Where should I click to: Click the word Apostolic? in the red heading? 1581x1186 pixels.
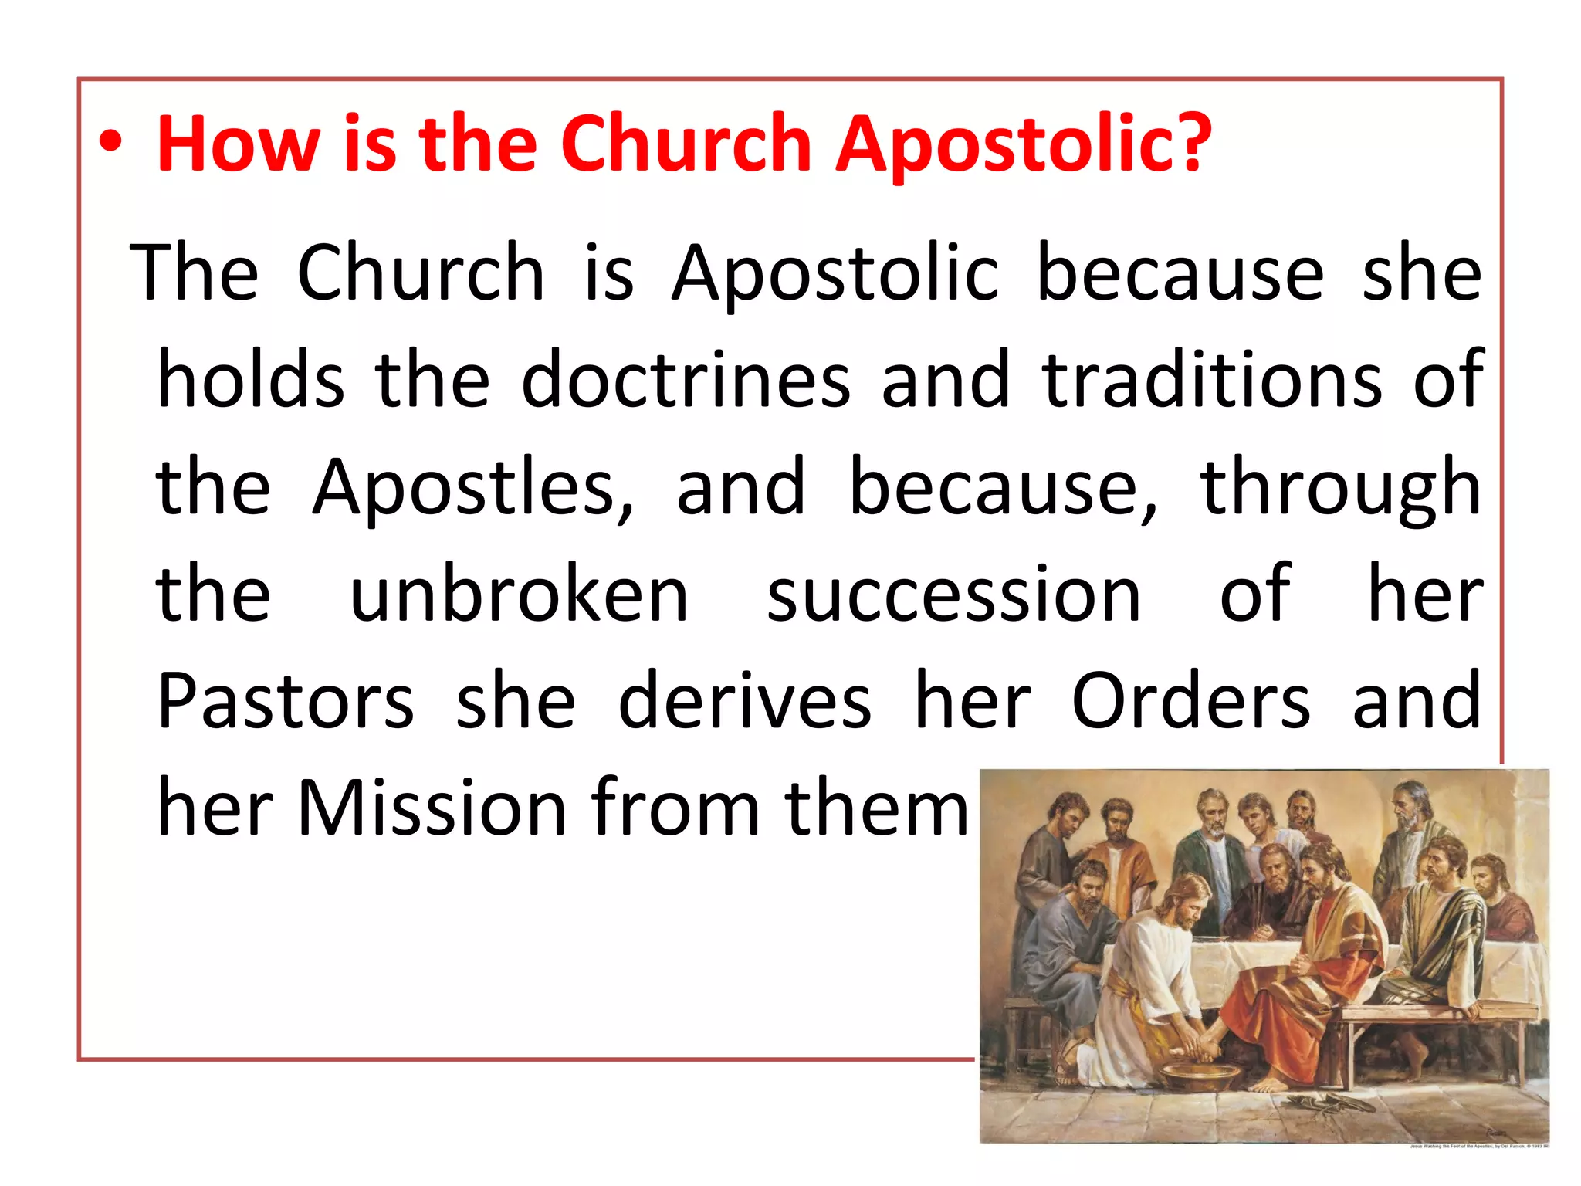(1024, 145)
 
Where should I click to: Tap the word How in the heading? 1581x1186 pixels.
(238, 144)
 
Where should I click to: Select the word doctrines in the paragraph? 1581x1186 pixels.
(686, 379)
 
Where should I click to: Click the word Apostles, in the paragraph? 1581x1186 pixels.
(473, 487)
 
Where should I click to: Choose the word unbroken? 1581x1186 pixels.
(519, 594)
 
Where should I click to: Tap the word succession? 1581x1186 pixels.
(953, 595)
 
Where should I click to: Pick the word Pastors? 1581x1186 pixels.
(286, 701)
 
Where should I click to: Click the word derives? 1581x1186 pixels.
(745, 701)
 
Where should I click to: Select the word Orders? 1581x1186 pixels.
(1190, 701)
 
